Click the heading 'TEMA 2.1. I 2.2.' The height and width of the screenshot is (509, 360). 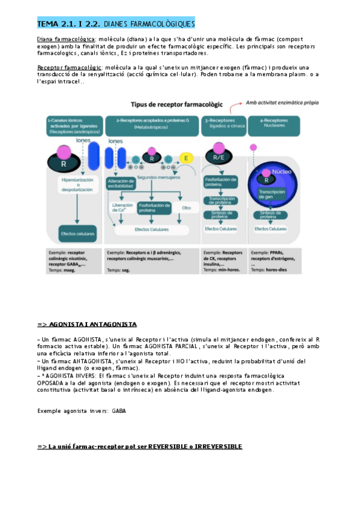[68, 24]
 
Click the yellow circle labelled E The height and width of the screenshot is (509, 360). [186, 159]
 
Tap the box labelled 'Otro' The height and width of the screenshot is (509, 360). [186, 207]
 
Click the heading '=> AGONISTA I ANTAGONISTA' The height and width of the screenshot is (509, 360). [87, 324]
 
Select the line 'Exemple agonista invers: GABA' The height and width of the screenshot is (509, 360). [82, 411]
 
